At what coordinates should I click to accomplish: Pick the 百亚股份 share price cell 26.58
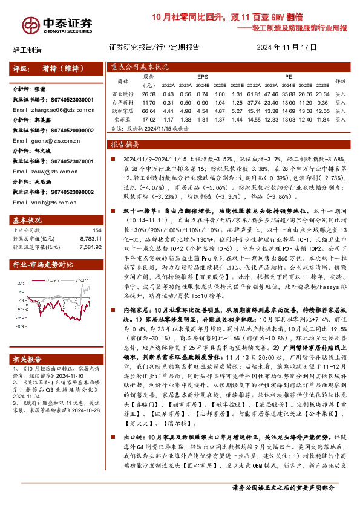tap(148, 94)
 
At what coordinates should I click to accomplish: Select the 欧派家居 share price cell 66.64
tap(148, 111)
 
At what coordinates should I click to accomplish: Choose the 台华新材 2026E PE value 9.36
tap(322, 103)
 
